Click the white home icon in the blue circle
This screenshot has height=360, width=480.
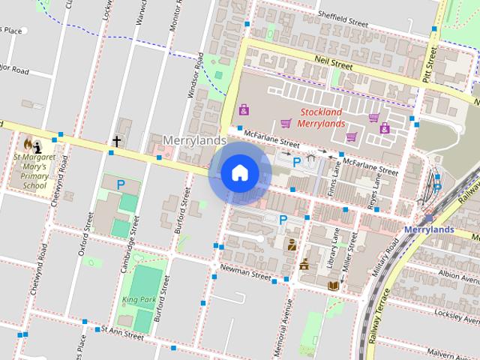[x=239, y=173]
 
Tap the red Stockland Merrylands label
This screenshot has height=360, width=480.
[x=322, y=118]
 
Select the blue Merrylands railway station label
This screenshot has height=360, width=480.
[x=428, y=229]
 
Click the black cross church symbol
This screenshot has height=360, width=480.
[x=116, y=140]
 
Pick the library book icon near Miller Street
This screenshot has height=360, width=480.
[x=334, y=285]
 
